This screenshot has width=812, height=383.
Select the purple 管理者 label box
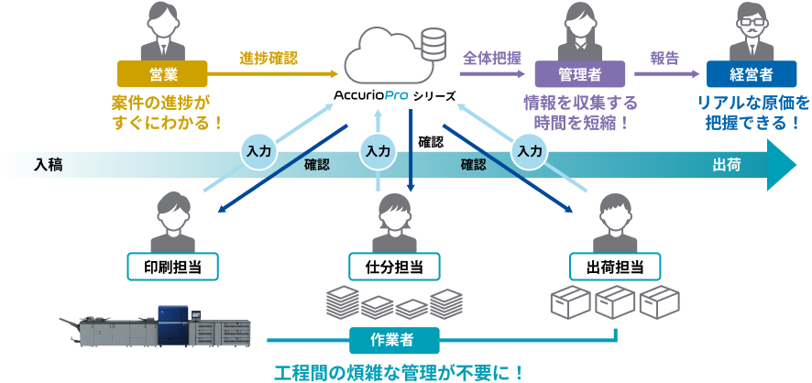[580, 73]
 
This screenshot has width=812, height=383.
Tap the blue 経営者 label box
[751, 73]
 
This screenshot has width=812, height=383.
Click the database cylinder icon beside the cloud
[431, 41]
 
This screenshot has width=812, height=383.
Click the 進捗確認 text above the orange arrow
[269, 57]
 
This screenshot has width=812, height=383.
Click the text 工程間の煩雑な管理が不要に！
[400, 371]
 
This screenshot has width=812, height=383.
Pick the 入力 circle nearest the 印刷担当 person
[258, 150]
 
